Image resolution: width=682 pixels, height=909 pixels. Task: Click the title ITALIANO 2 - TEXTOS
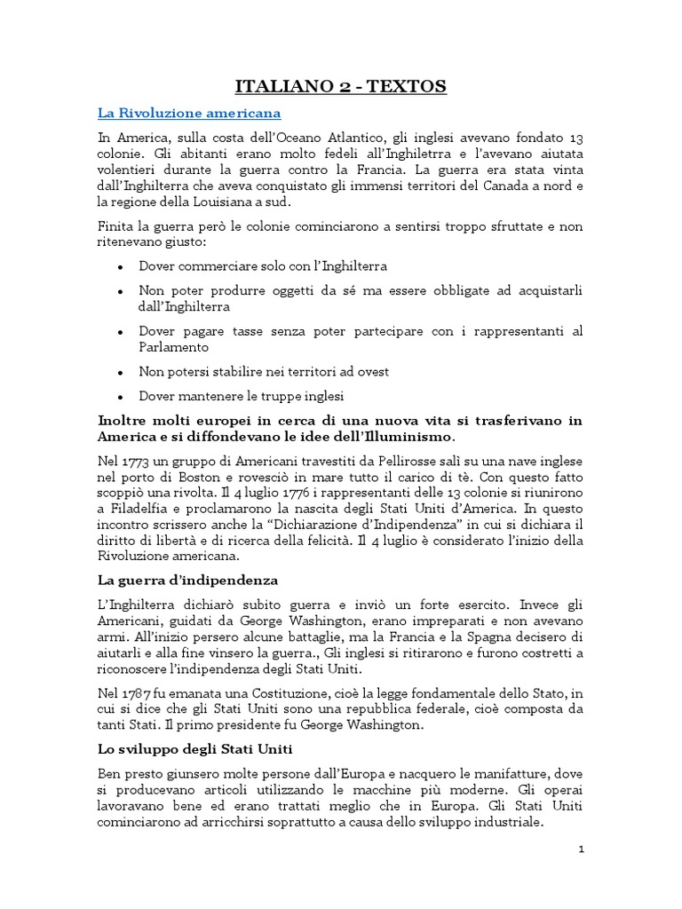click(340, 86)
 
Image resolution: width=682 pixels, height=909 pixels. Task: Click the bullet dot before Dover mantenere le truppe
click(120, 396)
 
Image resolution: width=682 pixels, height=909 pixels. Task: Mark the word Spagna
click(503, 636)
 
